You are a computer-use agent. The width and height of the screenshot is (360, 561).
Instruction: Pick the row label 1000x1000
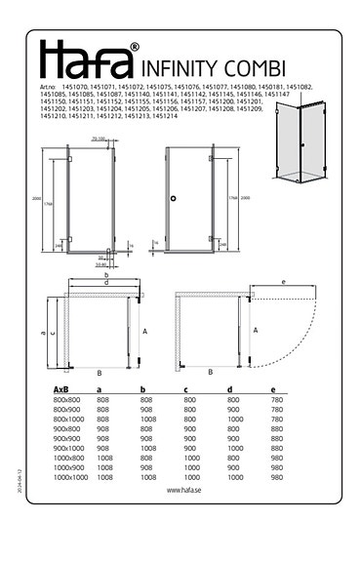(70, 477)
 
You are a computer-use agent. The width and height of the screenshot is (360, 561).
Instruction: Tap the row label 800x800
(66, 400)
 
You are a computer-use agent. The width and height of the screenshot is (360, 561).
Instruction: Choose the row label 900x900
(66, 438)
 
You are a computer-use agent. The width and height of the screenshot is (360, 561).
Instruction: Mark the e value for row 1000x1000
(277, 477)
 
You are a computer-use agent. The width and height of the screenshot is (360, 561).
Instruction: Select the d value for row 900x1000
(233, 448)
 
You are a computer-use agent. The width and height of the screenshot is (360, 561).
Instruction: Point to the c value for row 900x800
(190, 428)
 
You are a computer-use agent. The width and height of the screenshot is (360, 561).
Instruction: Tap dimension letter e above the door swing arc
(282, 283)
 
